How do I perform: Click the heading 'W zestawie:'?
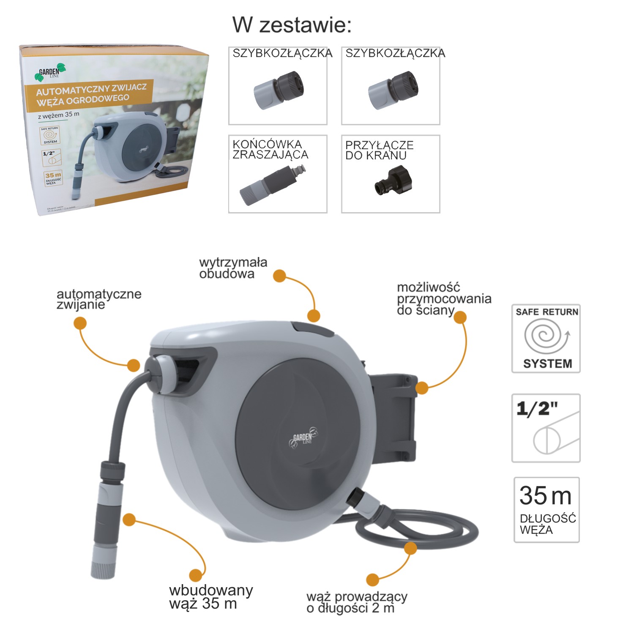(x=292, y=25)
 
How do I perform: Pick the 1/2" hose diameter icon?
(x=546, y=428)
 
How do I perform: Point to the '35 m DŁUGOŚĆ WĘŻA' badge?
(x=546, y=510)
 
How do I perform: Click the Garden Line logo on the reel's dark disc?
(x=303, y=438)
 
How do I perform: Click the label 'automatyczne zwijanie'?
(x=98, y=299)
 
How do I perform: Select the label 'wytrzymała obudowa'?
(x=233, y=268)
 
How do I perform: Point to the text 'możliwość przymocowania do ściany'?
(x=443, y=299)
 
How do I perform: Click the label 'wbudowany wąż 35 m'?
(x=210, y=596)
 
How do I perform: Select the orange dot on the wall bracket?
(x=422, y=388)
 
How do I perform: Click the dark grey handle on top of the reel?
(x=313, y=329)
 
